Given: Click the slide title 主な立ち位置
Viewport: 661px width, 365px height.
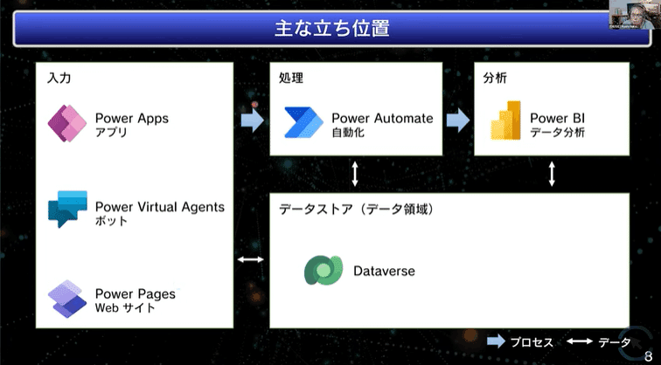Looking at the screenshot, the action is coord(331,29).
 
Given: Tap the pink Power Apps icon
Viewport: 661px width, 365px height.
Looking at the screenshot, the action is coord(67,123).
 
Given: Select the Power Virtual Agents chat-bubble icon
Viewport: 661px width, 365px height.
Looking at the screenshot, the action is coord(67,210).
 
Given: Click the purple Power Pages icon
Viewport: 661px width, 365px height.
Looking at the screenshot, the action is coord(67,299).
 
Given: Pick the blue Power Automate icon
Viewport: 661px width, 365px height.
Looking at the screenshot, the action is coord(303,122).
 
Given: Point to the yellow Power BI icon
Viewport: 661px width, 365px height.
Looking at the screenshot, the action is coord(506,120).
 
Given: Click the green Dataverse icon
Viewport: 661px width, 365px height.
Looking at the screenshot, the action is coord(324,270).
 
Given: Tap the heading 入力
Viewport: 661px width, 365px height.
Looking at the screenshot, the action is coord(59,78).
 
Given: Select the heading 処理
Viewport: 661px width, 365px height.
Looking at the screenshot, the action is coord(291,78).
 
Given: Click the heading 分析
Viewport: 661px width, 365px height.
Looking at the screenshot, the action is coord(495,78).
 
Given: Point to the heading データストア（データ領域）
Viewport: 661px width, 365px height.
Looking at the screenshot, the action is coord(357,210).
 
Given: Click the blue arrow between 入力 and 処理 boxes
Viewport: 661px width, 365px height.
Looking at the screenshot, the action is coord(253,121).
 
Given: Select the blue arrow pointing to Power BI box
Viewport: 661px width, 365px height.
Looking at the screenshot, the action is coord(458,121).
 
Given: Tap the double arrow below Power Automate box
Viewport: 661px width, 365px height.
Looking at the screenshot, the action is coord(355,174).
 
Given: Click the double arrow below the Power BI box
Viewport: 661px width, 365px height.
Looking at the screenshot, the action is coord(552,174).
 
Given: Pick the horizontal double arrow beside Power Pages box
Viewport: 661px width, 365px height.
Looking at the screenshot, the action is coord(251,259).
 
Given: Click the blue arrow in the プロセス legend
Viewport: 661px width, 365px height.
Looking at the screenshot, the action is coord(496,341).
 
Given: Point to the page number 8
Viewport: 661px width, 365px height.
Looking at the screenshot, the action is coord(649,356).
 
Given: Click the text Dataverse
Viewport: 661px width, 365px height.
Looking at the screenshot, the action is coord(384,271).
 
